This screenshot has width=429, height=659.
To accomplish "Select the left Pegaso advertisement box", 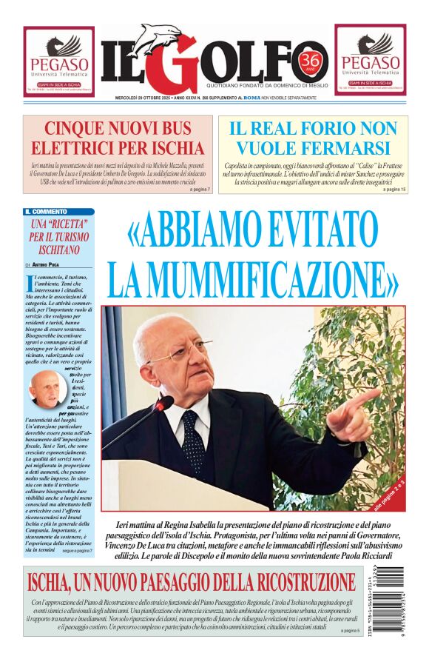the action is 58,61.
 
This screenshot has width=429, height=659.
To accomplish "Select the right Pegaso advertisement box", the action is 370,61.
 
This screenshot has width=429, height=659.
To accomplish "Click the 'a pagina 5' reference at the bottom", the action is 350,630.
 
